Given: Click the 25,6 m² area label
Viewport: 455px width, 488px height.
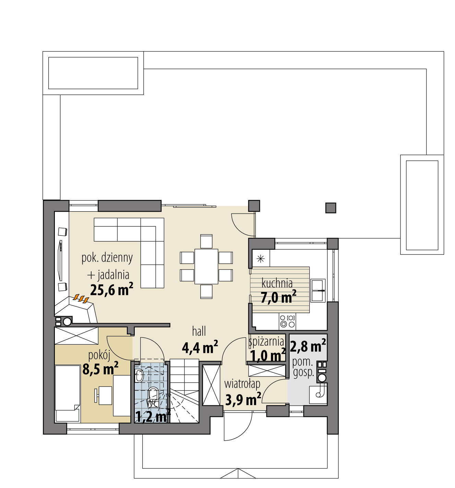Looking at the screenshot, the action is (111, 289).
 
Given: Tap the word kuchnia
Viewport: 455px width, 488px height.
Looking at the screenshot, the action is (277, 283).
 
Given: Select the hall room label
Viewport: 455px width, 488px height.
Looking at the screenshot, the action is (199, 331).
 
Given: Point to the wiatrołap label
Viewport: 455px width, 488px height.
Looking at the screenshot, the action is (242, 384).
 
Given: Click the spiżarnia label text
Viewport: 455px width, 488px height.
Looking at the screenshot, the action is (266, 342).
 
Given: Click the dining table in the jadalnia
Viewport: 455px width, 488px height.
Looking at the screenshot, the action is (206, 266).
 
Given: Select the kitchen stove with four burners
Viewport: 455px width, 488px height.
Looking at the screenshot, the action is (287, 321).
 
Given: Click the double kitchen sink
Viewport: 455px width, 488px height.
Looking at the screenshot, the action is (318, 290).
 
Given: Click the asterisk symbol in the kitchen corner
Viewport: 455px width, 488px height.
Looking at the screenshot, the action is (261, 259).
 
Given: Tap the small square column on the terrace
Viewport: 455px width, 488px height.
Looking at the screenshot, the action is (331, 208).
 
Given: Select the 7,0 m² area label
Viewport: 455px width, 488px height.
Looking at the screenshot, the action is (278, 297).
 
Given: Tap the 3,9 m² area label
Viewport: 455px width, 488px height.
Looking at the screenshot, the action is (243, 400).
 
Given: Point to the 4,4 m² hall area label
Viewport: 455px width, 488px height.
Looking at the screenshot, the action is (200, 347).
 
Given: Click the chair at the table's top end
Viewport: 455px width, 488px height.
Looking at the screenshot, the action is (206, 241).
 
